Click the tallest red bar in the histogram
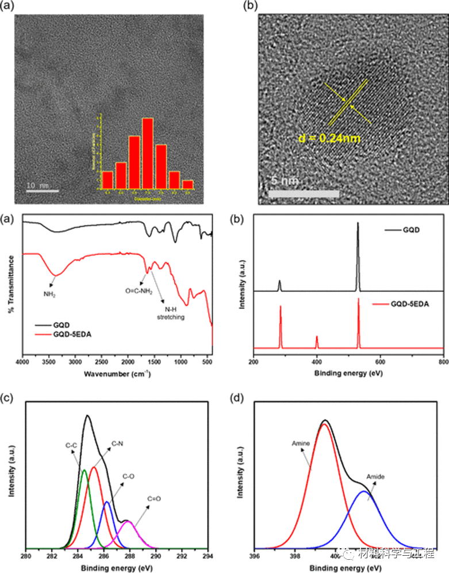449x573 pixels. pos(148,153)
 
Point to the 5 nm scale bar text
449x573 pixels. pos(285,181)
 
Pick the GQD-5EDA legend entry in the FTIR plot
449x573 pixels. pos(67,334)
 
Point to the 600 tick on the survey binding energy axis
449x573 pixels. pos(380,362)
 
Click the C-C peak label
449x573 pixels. pos(72,445)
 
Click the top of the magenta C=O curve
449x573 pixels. pos(129,521)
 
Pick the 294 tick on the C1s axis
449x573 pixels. pos(208,556)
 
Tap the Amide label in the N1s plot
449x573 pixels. pos(375,477)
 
